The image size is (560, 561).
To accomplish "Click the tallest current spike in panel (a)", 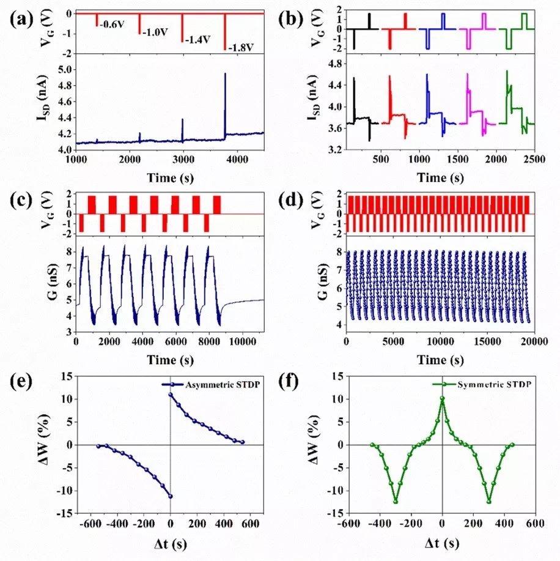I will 225,74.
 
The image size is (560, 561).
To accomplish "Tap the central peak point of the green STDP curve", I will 443,398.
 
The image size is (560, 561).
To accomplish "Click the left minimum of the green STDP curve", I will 396,502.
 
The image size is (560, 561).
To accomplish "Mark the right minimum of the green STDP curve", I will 489,502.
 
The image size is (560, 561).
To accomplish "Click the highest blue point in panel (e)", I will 171,395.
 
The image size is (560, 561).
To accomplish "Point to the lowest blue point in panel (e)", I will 171,496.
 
